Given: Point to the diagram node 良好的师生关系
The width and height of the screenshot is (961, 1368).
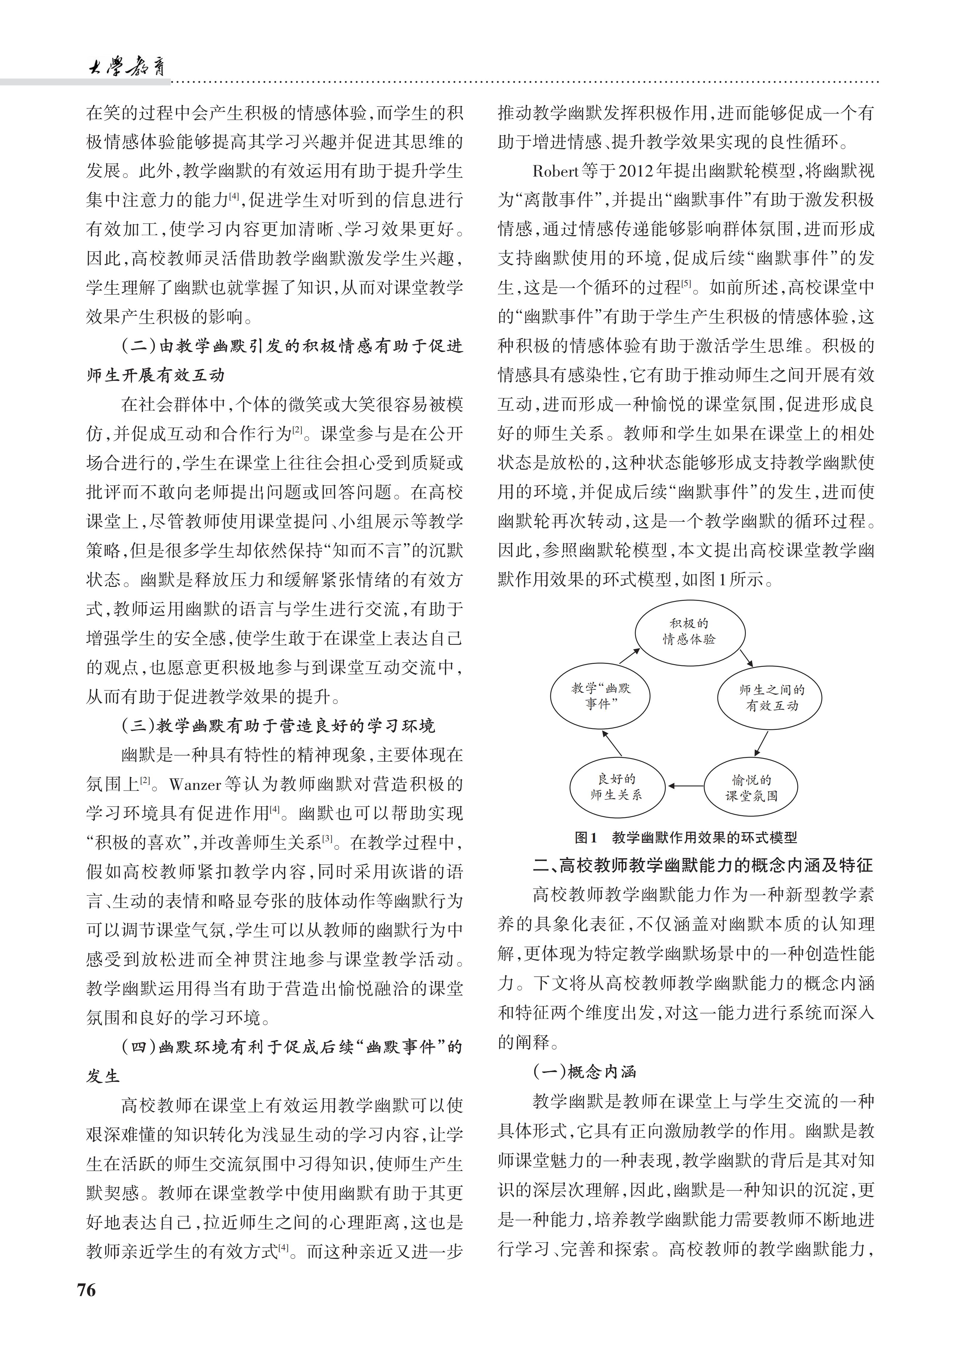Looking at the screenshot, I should (616, 787).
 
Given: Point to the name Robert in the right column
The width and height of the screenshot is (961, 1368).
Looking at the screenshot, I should (555, 172).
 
